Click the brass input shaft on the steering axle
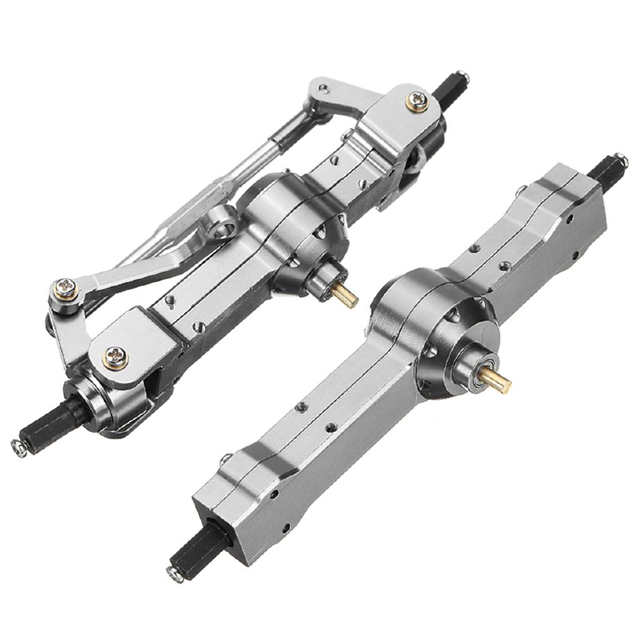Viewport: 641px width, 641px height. point(346,297)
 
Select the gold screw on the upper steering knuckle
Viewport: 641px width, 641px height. point(418,101)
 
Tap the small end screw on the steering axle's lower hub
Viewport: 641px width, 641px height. point(19,446)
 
